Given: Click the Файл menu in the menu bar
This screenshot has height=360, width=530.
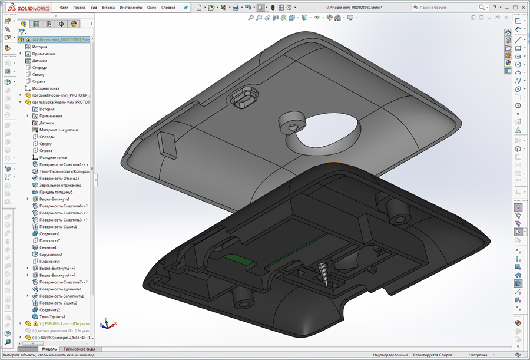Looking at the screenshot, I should pos(64,8).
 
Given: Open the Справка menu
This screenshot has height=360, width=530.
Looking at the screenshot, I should pos(168,8).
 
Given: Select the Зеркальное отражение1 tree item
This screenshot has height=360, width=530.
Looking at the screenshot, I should pos(60,185).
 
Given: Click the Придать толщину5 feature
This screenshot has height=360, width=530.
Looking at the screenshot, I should pos(56,192).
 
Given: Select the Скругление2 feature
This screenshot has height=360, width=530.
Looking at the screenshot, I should pos(54,255).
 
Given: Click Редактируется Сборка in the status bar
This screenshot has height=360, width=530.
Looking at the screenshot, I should pos(433,355).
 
